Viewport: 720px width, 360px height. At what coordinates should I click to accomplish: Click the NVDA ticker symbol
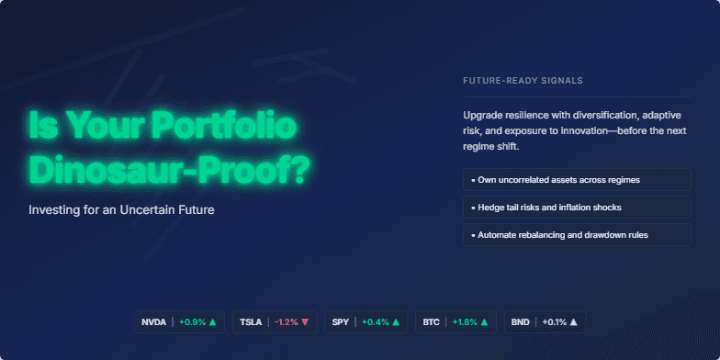(x=153, y=322)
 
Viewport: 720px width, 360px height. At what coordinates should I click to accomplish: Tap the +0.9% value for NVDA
(x=191, y=322)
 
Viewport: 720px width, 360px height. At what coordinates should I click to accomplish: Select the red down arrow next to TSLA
(x=305, y=322)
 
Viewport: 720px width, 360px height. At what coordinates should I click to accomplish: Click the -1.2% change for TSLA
(x=287, y=322)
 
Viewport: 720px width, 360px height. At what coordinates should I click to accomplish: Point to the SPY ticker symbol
(x=340, y=322)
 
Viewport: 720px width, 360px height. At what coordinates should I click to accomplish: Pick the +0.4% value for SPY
(x=376, y=322)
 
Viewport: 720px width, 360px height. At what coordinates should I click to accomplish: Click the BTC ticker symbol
(x=431, y=322)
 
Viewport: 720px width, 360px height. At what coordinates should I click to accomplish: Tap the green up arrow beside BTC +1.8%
(x=485, y=322)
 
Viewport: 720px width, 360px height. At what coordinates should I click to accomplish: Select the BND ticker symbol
(x=520, y=322)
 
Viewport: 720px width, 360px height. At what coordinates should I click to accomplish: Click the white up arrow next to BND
(x=573, y=322)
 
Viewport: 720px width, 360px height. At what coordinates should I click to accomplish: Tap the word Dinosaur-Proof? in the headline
(x=169, y=169)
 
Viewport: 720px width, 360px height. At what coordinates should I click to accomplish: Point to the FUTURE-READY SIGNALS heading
(x=523, y=81)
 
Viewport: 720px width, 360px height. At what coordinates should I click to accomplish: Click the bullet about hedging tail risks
(x=577, y=208)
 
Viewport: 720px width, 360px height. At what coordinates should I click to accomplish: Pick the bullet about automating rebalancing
(x=577, y=235)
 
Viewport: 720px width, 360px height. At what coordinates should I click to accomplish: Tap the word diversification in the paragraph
(x=591, y=116)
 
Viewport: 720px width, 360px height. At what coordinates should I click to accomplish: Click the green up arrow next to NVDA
(x=212, y=322)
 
